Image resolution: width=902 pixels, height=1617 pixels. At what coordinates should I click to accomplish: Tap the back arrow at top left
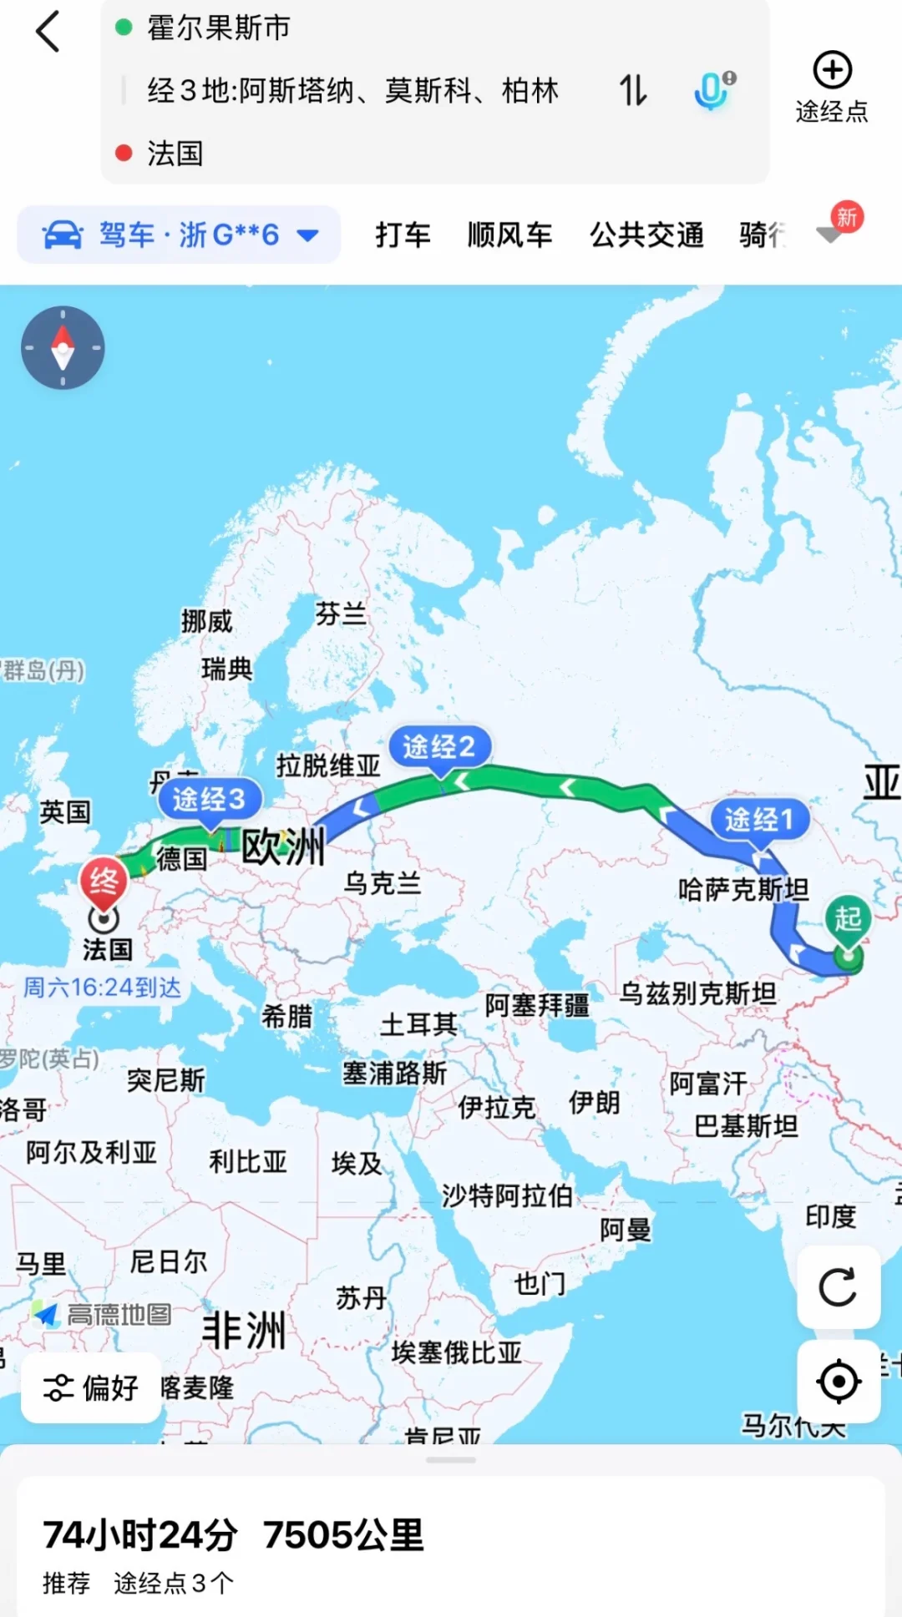pyautogui.click(x=48, y=32)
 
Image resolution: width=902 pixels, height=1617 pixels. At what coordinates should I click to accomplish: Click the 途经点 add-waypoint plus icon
pyautogui.click(x=832, y=70)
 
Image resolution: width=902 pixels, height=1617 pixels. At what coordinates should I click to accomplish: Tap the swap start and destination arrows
pyautogui.click(x=633, y=90)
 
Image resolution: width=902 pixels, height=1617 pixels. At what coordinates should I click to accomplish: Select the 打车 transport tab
pyautogui.click(x=403, y=235)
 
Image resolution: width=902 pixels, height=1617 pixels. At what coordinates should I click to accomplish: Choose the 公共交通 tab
pyautogui.click(x=646, y=235)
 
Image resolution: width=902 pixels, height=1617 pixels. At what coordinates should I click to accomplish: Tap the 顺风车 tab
pyautogui.click(x=509, y=235)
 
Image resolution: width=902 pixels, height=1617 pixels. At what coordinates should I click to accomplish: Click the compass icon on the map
pyautogui.click(x=63, y=347)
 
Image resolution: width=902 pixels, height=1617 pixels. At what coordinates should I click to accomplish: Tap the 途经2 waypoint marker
pyautogui.click(x=439, y=746)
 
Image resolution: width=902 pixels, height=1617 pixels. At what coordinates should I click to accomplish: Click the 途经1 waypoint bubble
pyautogui.click(x=759, y=819)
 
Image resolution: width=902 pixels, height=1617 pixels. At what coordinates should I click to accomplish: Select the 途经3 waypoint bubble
pyautogui.click(x=209, y=799)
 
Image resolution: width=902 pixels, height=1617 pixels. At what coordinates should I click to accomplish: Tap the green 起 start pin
pyautogui.click(x=848, y=920)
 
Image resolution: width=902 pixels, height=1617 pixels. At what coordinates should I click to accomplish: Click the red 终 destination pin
pyautogui.click(x=104, y=882)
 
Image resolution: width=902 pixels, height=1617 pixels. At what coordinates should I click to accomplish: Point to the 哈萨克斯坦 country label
pyautogui.click(x=742, y=890)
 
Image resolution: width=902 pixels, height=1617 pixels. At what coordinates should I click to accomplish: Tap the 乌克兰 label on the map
pyautogui.click(x=383, y=882)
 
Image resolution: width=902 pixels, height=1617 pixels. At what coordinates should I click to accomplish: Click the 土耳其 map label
pyautogui.click(x=418, y=1024)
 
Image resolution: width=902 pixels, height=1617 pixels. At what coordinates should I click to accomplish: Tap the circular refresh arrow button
pyautogui.click(x=838, y=1287)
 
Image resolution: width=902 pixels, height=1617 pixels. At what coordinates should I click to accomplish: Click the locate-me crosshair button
pyautogui.click(x=838, y=1382)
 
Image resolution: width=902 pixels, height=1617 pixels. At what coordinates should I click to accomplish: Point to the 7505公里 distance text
pyautogui.click(x=343, y=1534)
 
